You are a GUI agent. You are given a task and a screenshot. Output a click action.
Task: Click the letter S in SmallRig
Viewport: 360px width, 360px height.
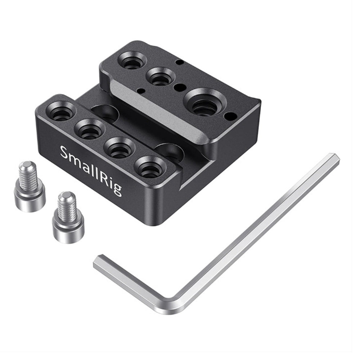coord(65,153)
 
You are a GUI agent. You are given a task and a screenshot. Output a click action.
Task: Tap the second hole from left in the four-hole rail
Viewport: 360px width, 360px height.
coord(89,129)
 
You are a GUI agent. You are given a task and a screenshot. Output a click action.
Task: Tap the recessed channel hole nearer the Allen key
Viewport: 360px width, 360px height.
coord(169,152)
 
